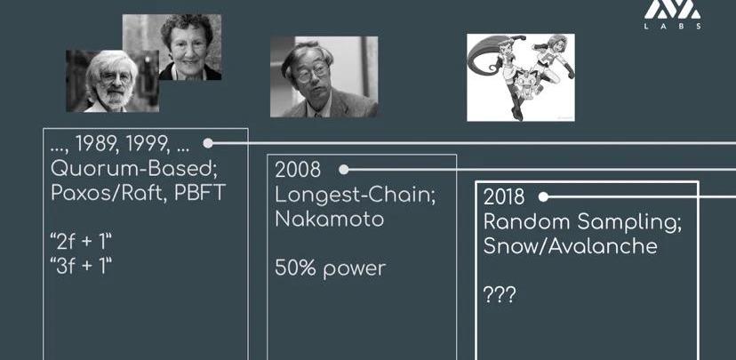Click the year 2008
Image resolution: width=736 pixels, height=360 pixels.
(x=298, y=170)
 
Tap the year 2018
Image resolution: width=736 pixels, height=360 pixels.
(x=504, y=197)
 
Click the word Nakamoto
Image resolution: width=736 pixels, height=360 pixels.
(x=330, y=219)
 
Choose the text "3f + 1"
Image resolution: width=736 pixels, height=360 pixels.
(x=81, y=267)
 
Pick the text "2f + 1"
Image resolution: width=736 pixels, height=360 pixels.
(x=81, y=242)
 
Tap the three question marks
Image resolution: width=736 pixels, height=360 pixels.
(x=500, y=295)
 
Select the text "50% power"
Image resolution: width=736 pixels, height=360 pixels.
(x=330, y=268)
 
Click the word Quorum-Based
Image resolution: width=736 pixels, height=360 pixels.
(x=133, y=169)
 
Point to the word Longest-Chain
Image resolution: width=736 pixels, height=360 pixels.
(x=355, y=196)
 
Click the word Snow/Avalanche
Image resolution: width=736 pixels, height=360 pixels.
(x=571, y=246)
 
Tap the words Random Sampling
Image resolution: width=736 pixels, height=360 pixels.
(x=582, y=221)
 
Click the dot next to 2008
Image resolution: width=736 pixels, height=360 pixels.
(x=344, y=170)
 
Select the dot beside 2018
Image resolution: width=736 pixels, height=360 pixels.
(x=543, y=197)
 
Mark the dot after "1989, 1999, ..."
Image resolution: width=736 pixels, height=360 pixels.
(x=207, y=143)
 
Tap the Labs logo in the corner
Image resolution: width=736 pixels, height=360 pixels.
(x=672, y=14)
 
